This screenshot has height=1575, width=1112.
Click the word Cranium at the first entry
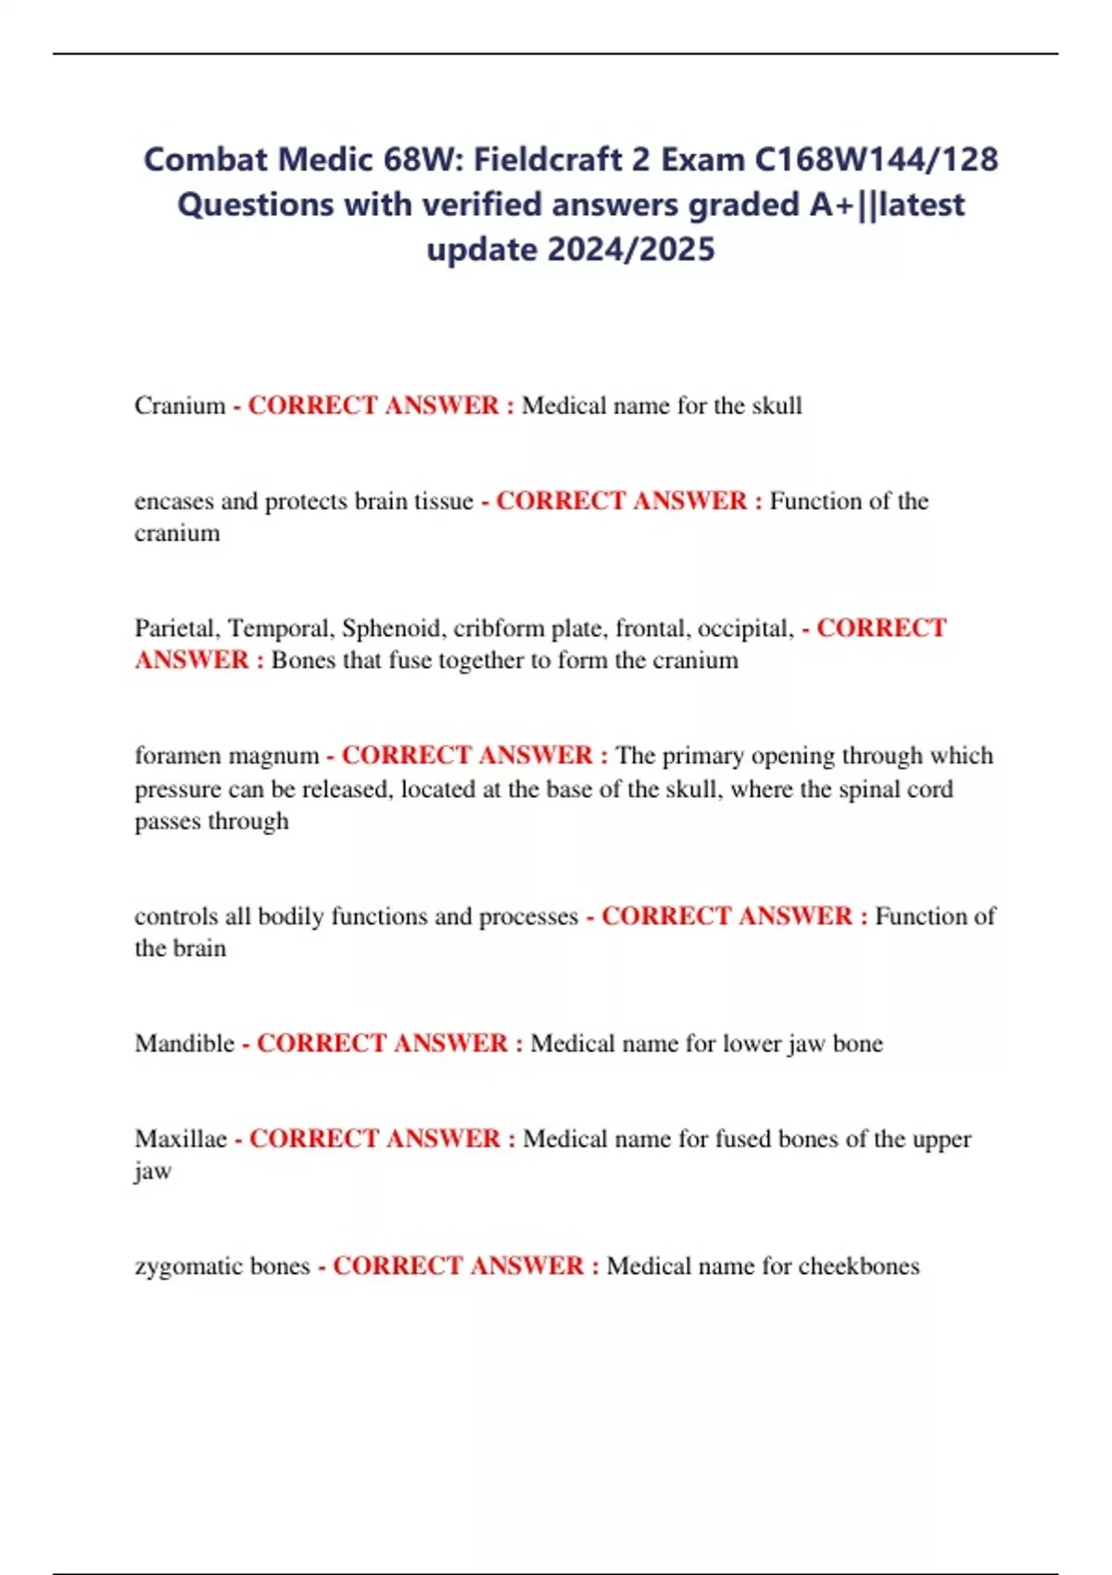(x=180, y=406)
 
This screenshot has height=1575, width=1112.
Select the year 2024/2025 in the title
(x=631, y=249)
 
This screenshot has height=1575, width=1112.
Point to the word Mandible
(x=184, y=1043)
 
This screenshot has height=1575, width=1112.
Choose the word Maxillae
(x=181, y=1139)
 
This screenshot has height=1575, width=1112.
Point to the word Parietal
(x=177, y=628)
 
